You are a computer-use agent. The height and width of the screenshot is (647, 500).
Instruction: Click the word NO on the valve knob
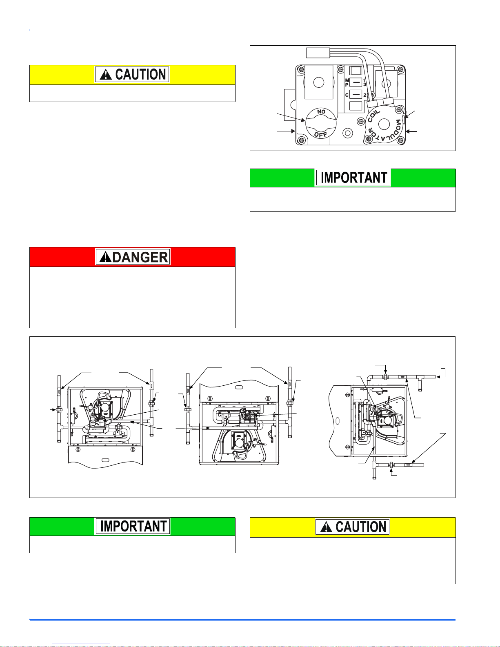321,111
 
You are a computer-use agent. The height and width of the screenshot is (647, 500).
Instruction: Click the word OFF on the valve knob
321,134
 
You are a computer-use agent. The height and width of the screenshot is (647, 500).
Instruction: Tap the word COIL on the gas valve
374,116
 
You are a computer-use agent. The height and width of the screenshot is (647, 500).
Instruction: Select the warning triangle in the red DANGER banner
105,258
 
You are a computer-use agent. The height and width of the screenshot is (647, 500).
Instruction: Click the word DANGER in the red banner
139,258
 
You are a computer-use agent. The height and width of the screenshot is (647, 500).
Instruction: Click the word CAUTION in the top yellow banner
140,75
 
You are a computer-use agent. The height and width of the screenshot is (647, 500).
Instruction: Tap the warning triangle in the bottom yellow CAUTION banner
326,527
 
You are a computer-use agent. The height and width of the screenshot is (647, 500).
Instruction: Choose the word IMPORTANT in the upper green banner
354,178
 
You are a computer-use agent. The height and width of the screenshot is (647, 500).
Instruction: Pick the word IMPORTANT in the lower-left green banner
133,526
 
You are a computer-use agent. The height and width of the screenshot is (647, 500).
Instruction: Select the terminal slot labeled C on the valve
356,95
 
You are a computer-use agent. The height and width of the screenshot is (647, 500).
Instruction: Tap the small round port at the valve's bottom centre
347,133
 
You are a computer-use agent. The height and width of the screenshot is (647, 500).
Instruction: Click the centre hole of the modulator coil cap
384,125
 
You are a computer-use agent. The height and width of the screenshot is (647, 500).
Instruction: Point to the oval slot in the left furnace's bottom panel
105,460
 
